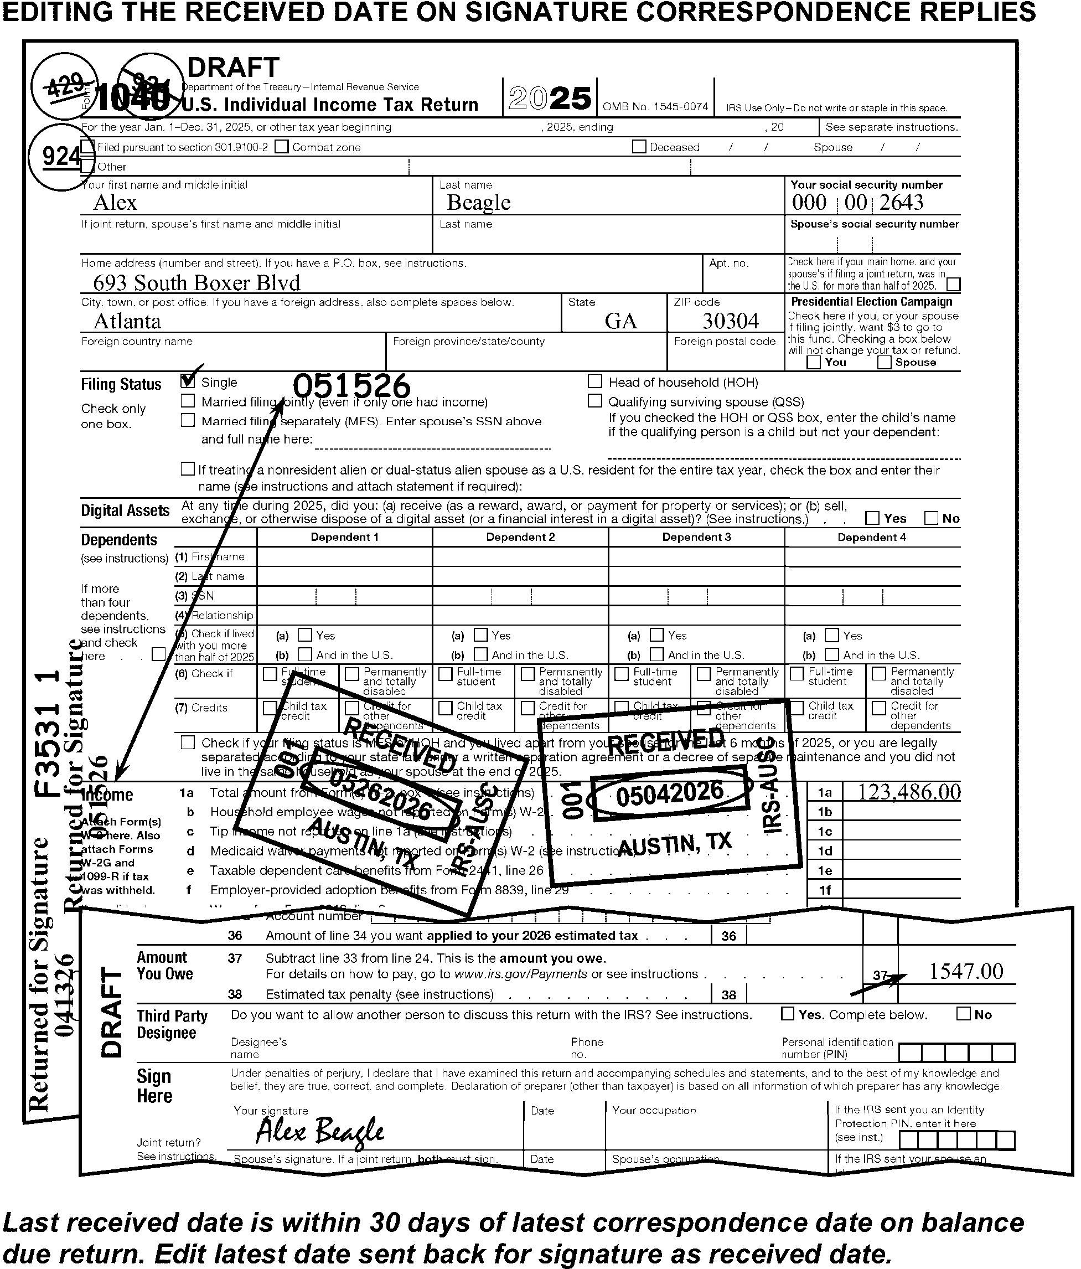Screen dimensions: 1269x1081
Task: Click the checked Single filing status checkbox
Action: [188, 381]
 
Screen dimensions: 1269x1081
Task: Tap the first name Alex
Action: [115, 203]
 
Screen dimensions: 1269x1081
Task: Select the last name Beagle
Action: [479, 203]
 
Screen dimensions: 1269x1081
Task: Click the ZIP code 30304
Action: [730, 321]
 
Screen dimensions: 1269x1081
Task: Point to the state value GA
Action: [620, 321]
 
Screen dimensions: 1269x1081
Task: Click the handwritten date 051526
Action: [351, 386]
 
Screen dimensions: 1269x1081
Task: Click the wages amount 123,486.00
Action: [908, 792]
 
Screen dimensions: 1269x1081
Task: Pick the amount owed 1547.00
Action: [966, 971]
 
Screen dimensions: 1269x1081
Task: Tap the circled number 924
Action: [60, 157]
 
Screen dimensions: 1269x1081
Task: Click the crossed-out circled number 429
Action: [64, 85]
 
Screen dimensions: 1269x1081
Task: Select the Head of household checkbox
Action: [594, 381]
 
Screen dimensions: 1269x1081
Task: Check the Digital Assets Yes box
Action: [872, 518]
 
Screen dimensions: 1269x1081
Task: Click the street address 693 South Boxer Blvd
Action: [196, 282]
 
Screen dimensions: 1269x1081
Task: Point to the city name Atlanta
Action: [127, 321]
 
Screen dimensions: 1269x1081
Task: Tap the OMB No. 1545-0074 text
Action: [655, 106]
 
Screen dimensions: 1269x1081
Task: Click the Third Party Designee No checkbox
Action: [963, 1014]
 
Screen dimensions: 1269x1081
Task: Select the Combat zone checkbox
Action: [282, 146]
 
